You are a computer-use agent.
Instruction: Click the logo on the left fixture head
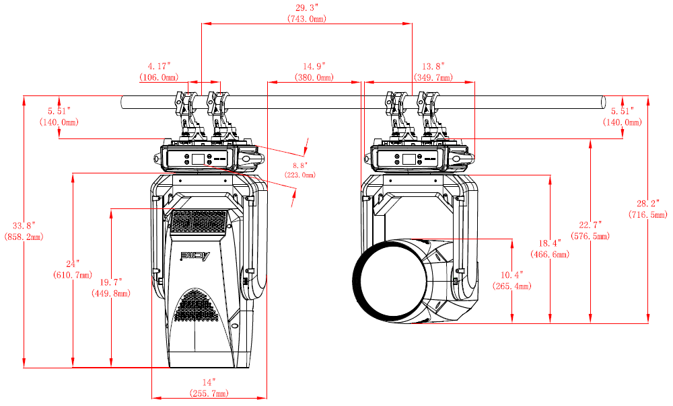196,256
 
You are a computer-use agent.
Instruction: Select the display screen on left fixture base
199,159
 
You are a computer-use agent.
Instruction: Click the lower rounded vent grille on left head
199,306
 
